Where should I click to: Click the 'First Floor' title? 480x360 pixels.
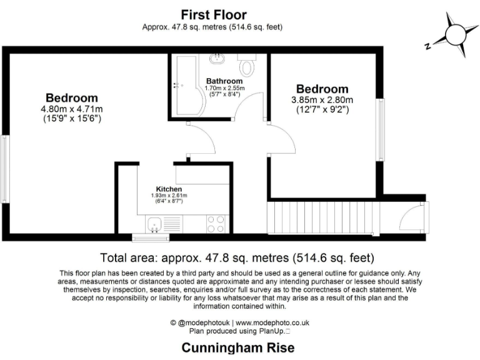214,14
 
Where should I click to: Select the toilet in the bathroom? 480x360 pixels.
247,66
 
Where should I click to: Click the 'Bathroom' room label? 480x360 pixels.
224,81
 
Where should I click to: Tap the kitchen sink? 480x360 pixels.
155,224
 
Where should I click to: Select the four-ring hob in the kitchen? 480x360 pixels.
216,224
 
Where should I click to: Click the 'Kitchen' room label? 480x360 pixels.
169,189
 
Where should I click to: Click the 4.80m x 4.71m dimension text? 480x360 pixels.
71,108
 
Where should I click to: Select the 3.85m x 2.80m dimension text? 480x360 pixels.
322,100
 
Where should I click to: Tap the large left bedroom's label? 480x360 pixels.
71,97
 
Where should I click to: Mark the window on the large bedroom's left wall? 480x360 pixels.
5,168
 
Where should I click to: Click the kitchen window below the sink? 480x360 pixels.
151,237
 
